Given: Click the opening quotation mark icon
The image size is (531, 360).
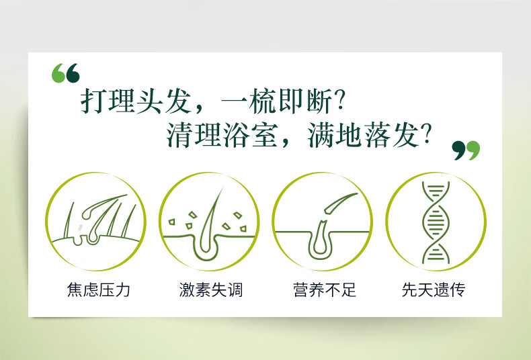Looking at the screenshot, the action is click(66, 73).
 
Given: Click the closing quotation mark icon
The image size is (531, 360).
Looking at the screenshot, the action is click(466, 150).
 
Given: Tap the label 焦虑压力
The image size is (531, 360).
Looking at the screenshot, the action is click(99, 290).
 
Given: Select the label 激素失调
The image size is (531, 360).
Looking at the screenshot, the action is click(211, 290).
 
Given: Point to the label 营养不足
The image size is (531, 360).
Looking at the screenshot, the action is click(325, 290).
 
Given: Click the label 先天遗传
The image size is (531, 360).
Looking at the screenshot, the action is click(434, 290).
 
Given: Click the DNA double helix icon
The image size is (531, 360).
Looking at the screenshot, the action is click(436, 222).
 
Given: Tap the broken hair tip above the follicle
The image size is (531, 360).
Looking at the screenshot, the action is click(340, 203).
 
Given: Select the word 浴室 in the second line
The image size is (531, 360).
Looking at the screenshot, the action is click(251, 136).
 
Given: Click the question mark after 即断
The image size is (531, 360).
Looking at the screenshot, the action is click(339, 101).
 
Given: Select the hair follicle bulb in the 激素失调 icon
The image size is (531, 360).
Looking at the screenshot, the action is click(206, 248).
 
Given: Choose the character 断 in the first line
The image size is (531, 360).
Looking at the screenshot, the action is click(319, 101).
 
